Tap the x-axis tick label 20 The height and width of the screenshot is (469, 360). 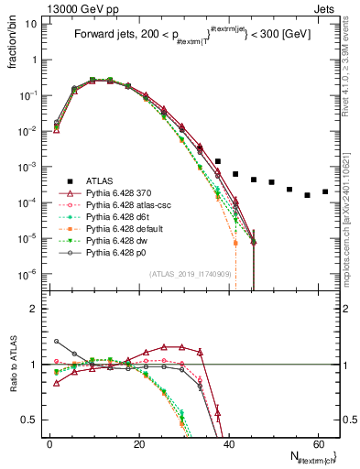(138, 443)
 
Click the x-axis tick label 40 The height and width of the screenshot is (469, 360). (228, 443)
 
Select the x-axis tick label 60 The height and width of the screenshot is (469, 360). (317, 443)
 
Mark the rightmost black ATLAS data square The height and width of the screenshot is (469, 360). (325, 191)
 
